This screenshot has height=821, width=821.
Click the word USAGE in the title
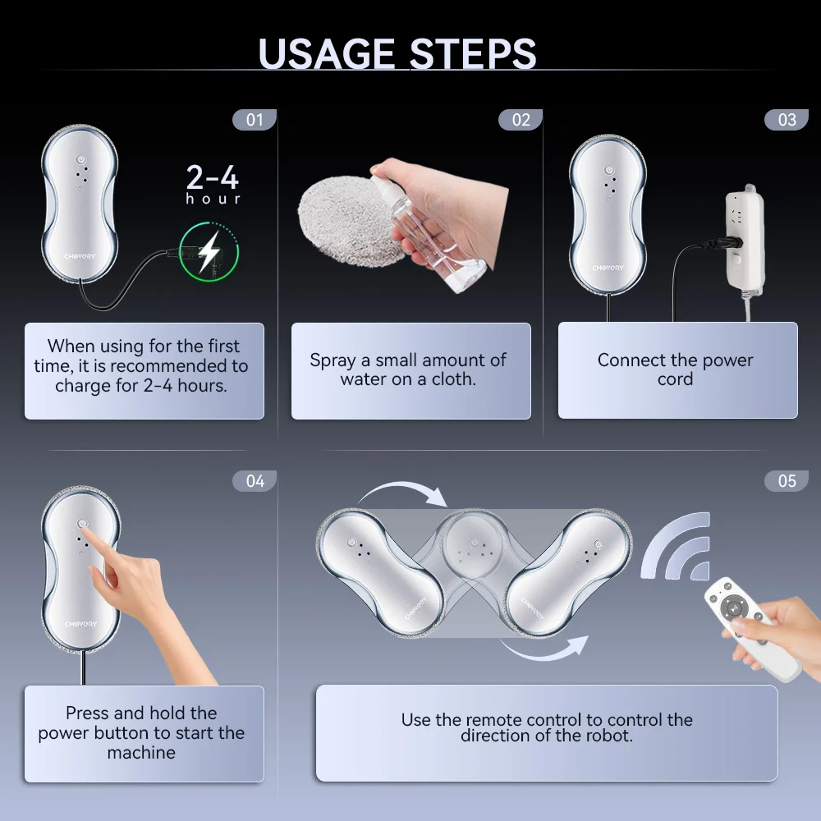click(x=327, y=53)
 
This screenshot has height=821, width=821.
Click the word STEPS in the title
click(x=473, y=53)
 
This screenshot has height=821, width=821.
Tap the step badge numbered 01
click(x=255, y=120)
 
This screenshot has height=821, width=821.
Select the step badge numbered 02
click(x=521, y=120)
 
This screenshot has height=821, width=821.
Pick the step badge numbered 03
click(x=787, y=120)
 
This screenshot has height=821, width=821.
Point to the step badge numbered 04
click(x=255, y=481)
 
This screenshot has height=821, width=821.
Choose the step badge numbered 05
click(x=787, y=481)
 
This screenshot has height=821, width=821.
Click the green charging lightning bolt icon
click(x=209, y=252)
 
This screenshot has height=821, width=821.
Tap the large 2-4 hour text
click(x=213, y=184)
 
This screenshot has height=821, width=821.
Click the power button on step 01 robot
click(x=80, y=159)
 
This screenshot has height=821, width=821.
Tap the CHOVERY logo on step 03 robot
click(x=608, y=268)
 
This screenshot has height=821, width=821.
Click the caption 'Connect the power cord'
click(x=676, y=369)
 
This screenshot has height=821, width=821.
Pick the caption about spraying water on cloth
click(x=408, y=369)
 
